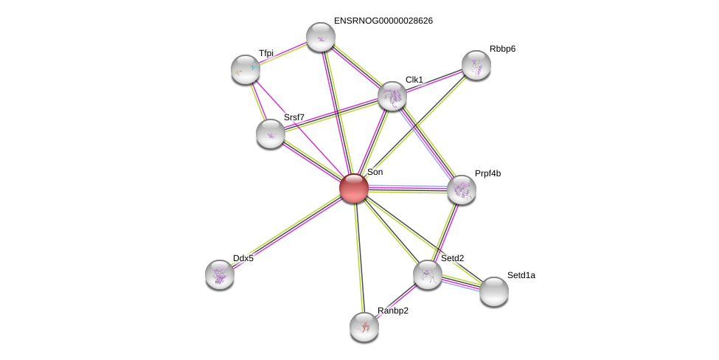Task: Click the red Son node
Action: tap(354, 188)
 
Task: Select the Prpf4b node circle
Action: tap(462, 190)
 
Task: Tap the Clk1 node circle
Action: tap(392, 96)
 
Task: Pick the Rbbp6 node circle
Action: tap(476, 65)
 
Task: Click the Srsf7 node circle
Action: tap(271, 134)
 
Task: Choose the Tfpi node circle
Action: tap(246, 69)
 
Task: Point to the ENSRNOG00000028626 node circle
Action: tap(321, 37)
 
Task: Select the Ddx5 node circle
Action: tap(220, 274)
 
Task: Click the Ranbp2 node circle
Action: tap(364, 327)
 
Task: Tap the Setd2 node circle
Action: tap(428, 274)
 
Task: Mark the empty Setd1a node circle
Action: tap(494, 291)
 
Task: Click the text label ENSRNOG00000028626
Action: tap(383, 21)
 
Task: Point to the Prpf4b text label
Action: tap(487, 173)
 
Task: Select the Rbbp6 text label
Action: tap(502, 49)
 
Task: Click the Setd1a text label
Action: tap(521, 275)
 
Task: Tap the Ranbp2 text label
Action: tap(392, 311)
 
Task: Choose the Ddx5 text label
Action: tap(243, 258)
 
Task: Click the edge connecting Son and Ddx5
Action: tap(287, 231)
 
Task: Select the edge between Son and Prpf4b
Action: tap(408, 189)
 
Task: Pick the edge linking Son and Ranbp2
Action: tap(359, 257)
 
